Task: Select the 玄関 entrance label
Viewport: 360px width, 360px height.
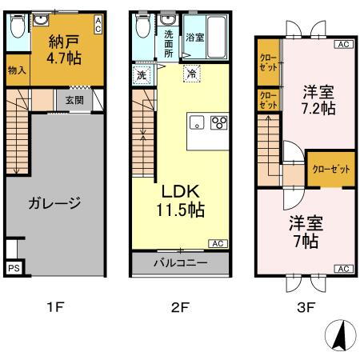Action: click(x=74, y=100)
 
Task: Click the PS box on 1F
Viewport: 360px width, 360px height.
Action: click(x=14, y=269)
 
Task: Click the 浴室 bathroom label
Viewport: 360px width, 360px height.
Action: click(x=194, y=37)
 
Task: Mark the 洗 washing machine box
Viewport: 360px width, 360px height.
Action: click(x=142, y=75)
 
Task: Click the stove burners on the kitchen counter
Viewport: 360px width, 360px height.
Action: click(x=218, y=122)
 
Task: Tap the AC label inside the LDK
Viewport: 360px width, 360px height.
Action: click(x=217, y=243)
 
